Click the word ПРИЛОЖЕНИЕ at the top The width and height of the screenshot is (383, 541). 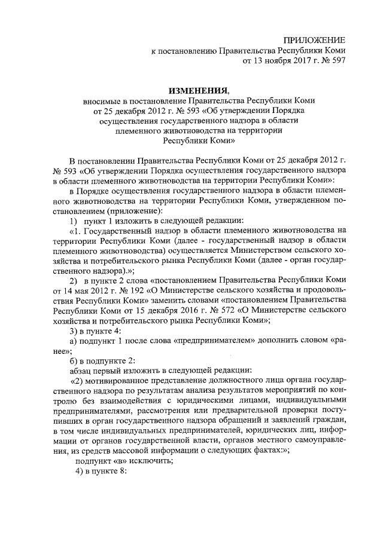(316, 39)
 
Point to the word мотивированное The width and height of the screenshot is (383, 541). (120, 381)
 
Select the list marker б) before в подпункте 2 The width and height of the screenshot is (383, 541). (74, 360)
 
